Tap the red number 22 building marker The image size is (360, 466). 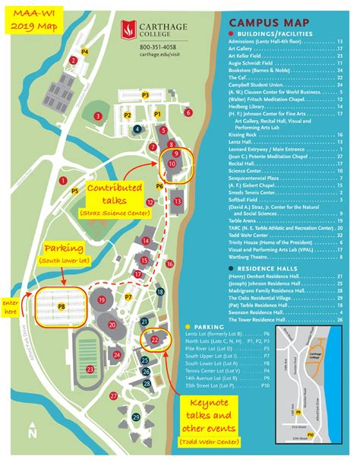click(154, 340)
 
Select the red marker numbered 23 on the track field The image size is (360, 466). click(90, 369)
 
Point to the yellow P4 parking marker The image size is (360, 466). click(85, 52)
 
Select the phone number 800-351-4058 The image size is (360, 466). click(157, 48)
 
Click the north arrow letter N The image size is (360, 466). click(31, 433)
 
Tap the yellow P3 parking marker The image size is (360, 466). click(144, 95)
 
